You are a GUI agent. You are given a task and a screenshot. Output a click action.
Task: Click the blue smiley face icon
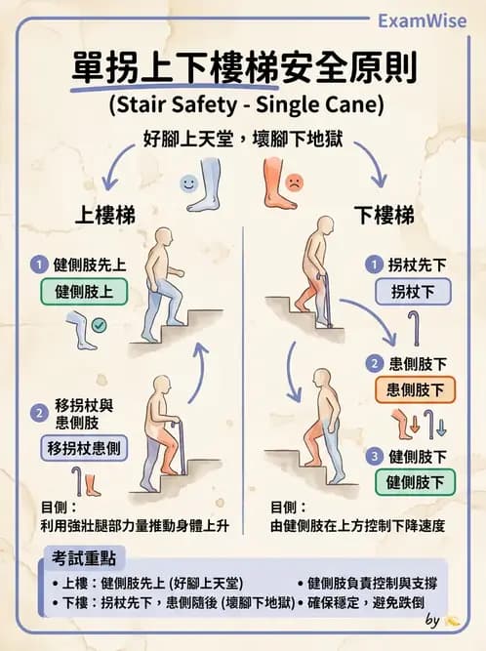[188, 183]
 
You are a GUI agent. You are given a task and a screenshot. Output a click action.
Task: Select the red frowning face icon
[293, 182]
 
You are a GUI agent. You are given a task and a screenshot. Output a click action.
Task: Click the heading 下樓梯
[384, 215]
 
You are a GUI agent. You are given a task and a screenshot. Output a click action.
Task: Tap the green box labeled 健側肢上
[84, 291]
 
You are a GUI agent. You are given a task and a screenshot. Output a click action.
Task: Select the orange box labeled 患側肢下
[415, 389]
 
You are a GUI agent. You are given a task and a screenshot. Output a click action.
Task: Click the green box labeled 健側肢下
[415, 481]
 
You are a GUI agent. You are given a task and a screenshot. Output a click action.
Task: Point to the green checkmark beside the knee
[100, 324]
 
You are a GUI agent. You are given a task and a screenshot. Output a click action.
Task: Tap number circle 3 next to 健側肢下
[373, 456]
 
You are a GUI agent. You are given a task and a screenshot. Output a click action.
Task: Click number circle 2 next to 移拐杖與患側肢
[39, 413]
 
